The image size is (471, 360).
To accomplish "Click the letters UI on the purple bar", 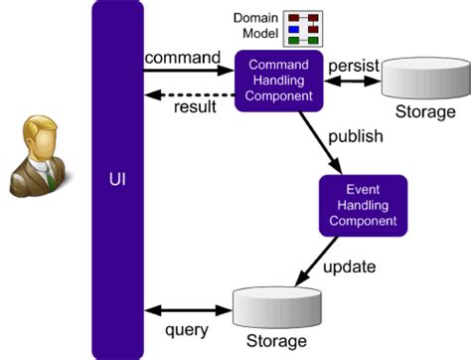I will [117, 180].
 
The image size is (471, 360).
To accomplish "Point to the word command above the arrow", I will [183, 58].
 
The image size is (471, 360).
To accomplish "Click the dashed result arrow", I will [189, 94].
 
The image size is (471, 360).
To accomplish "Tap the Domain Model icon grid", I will [305, 28].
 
